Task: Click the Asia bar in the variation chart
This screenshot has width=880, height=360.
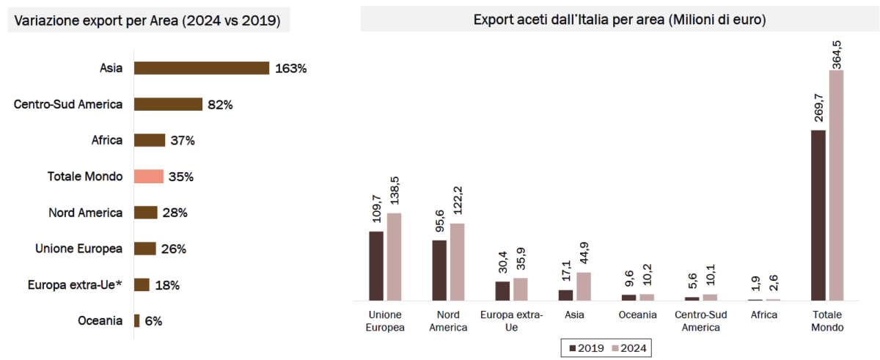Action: point(202,68)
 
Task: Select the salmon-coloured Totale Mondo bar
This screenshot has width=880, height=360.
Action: point(145,177)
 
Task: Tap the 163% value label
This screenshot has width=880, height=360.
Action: point(290,69)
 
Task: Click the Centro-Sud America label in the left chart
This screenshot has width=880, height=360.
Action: point(68,105)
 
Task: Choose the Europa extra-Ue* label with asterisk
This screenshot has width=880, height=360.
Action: point(73,285)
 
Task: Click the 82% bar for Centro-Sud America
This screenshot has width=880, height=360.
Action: point(168,104)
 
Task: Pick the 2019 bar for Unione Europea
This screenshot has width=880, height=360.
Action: point(376,266)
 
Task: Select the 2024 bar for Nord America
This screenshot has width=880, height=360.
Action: point(458,262)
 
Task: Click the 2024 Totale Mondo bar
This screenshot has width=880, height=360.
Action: point(837,185)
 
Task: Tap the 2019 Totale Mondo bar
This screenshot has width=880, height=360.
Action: point(818,216)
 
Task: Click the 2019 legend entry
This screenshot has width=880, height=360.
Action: point(584,348)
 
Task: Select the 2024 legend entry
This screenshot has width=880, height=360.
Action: point(628,348)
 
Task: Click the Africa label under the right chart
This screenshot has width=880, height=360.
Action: point(763,315)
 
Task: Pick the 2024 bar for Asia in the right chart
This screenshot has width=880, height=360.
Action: point(584,287)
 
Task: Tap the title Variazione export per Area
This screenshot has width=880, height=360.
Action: point(147,21)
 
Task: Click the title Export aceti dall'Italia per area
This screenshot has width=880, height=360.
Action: point(620,20)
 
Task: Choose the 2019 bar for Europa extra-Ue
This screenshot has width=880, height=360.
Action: point(502,291)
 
